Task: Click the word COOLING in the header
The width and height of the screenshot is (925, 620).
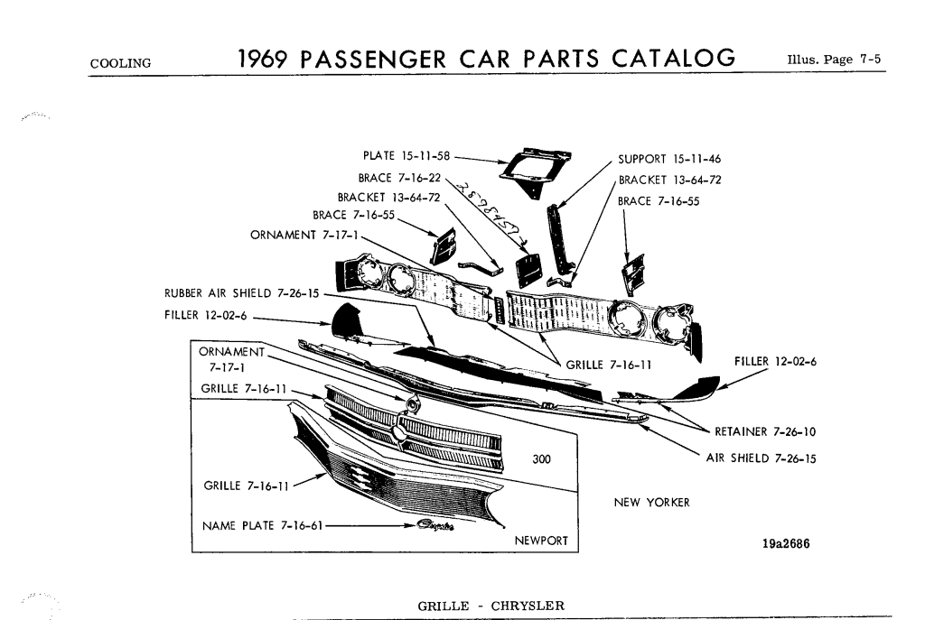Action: (x=120, y=63)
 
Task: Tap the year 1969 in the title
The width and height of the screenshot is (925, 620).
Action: (x=263, y=58)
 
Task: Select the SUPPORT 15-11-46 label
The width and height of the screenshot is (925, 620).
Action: (x=669, y=160)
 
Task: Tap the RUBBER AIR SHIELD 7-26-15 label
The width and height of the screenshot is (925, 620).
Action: (x=240, y=292)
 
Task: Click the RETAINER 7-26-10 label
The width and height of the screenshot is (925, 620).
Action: (x=765, y=431)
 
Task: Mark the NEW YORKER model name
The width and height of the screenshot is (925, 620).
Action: (x=651, y=503)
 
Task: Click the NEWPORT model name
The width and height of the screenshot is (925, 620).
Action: (x=541, y=541)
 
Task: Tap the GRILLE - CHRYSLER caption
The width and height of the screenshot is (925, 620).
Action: (x=491, y=605)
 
